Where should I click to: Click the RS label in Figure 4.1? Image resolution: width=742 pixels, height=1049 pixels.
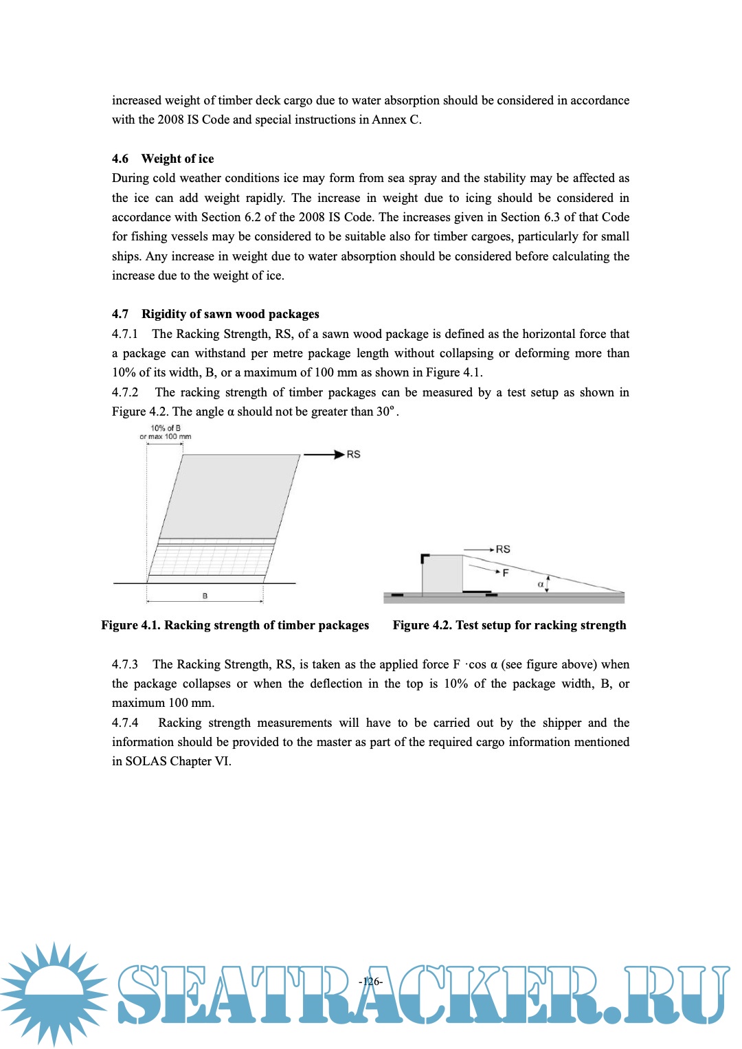353,454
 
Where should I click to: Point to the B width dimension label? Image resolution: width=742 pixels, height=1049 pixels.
205,596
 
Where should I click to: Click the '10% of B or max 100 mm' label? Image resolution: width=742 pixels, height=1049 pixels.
166,432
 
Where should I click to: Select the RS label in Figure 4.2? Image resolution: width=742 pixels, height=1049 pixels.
503,549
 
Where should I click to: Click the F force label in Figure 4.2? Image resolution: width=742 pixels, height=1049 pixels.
506,572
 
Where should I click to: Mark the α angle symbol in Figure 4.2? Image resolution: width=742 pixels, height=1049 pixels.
541,585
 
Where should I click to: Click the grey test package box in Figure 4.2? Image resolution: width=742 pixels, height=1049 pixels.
442,574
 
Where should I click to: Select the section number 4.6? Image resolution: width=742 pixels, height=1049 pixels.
120,159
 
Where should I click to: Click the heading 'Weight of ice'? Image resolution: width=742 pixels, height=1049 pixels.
177,159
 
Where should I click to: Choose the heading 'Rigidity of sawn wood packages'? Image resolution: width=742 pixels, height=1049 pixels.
230,314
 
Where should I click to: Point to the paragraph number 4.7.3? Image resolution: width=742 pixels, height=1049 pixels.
125,664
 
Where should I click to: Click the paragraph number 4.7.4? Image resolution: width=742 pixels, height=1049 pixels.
125,723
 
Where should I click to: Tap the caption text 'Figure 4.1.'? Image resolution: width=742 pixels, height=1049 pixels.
131,625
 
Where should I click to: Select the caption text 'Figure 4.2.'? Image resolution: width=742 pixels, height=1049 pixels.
422,625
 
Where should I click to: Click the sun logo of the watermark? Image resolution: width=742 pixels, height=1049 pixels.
54,993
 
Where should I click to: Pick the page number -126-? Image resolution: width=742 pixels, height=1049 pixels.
370,981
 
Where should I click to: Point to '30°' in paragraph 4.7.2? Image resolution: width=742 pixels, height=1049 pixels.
385,411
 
